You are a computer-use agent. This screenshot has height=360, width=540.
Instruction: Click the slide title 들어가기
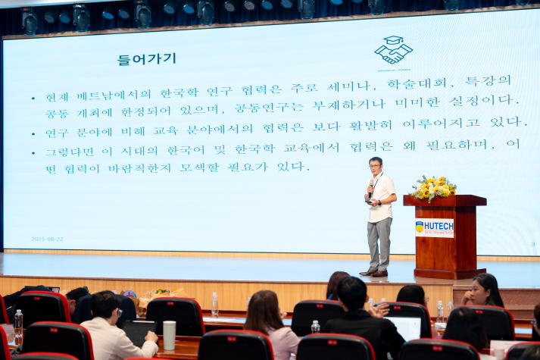(x=146, y=58)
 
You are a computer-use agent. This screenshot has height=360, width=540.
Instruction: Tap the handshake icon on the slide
(x=393, y=51)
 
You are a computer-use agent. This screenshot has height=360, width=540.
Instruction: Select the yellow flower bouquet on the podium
(x=432, y=186)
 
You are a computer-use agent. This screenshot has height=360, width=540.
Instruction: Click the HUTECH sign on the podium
(x=434, y=227)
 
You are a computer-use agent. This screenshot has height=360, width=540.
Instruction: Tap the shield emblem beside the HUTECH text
(x=420, y=226)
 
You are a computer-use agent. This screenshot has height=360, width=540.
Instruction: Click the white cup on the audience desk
(x=169, y=334)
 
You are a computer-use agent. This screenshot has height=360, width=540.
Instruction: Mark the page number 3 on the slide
(x=532, y=244)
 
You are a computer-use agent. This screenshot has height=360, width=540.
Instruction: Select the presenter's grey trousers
(x=379, y=243)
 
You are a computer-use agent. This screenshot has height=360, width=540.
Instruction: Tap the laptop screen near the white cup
(x=139, y=330)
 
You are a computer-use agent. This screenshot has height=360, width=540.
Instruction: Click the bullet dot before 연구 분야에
(x=33, y=132)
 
